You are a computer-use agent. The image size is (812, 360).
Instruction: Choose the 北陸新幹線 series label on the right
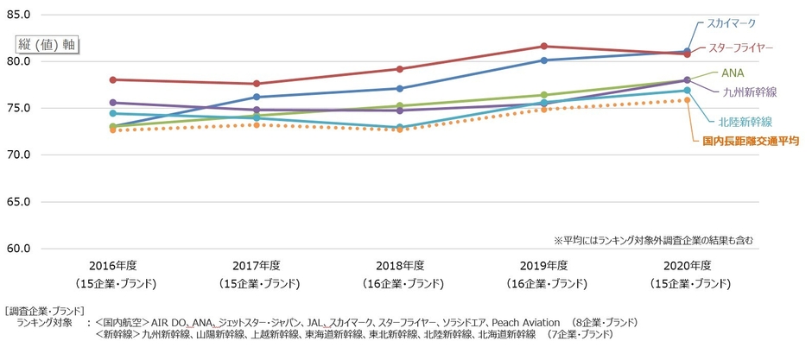(x=744, y=122)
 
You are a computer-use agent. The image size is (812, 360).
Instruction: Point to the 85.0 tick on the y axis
(x=18, y=16)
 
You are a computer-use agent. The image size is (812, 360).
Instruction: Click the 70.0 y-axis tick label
(x=18, y=155)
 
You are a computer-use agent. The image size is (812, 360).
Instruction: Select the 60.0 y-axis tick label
(x=18, y=249)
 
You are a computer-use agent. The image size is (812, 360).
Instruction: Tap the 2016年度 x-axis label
(x=113, y=265)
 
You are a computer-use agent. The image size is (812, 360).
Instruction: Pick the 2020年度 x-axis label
(x=687, y=265)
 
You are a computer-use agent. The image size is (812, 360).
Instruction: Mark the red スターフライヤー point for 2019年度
(x=543, y=46)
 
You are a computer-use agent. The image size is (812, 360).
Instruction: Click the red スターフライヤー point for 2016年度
(x=113, y=79)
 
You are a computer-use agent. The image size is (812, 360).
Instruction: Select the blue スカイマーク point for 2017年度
(x=257, y=97)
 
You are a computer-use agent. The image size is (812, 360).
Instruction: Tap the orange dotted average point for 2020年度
(x=687, y=100)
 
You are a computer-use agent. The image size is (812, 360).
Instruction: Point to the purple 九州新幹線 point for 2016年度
(x=113, y=103)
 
